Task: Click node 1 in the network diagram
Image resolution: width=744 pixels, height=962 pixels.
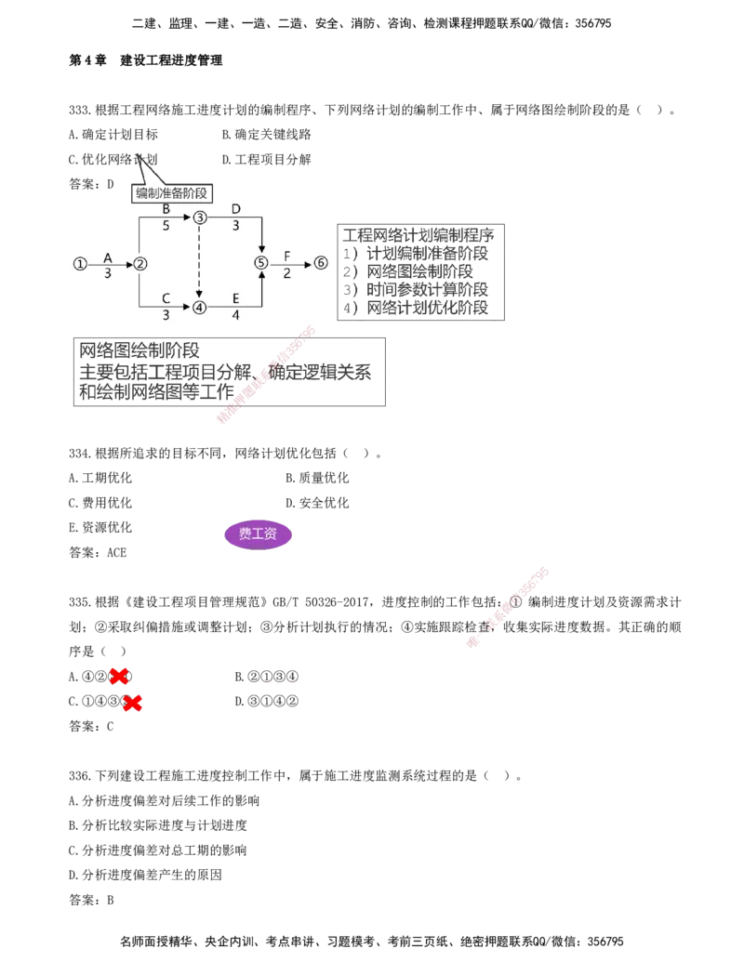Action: click(x=80, y=263)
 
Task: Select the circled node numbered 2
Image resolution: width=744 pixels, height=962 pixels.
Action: click(x=139, y=263)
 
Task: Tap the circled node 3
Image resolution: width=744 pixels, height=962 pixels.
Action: click(x=199, y=217)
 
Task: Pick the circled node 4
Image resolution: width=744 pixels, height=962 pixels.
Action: click(x=199, y=308)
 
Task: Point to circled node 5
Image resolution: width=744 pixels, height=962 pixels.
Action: click(x=261, y=263)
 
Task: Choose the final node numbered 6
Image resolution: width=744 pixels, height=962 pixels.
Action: click(x=321, y=263)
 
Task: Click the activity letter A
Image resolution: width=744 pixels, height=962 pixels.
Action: click(x=108, y=257)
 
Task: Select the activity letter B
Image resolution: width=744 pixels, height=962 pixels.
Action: click(x=166, y=209)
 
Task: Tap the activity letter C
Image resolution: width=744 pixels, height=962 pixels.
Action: click(x=166, y=299)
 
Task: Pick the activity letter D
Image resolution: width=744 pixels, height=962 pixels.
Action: click(x=235, y=209)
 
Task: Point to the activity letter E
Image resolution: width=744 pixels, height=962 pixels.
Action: click(x=235, y=299)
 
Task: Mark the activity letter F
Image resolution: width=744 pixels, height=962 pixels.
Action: click(x=286, y=256)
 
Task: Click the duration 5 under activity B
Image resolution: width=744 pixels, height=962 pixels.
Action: click(x=166, y=226)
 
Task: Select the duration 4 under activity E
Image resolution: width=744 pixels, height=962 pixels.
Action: click(x=235, y=316)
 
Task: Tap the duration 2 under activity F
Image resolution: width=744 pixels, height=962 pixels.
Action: click(x=286, y=272)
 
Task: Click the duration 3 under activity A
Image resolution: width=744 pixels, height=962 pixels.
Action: click(x=108, y=273)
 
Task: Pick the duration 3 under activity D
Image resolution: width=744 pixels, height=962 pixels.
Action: click(x=235, y=226)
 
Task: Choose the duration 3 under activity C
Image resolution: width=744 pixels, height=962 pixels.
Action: click(x=166, y=316)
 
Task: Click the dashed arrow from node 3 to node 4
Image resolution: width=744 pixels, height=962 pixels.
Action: click(x=199, y=262)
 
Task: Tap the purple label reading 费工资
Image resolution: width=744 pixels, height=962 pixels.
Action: click(x=258, y=534)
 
